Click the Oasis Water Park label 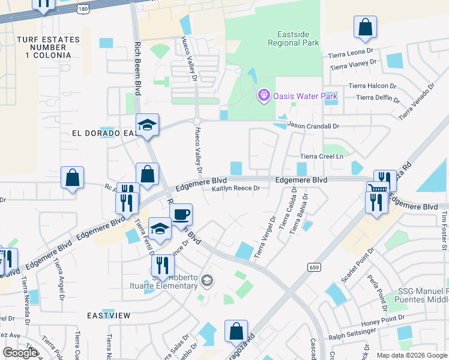[x=305, y=96]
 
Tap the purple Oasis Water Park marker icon [x=262, y=95]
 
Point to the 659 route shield [x=314, y=266]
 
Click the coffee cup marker [x=181, y=214]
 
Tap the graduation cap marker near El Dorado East [x=147, y=125]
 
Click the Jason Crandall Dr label [x=313, y=126]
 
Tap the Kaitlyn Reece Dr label [x=235, y=188]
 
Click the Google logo [x=20, y=353]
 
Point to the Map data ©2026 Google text [x=412, y=355]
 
